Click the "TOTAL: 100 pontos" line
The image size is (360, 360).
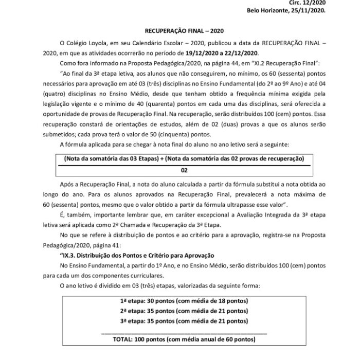pyautogui.click(x=185, y=340)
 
